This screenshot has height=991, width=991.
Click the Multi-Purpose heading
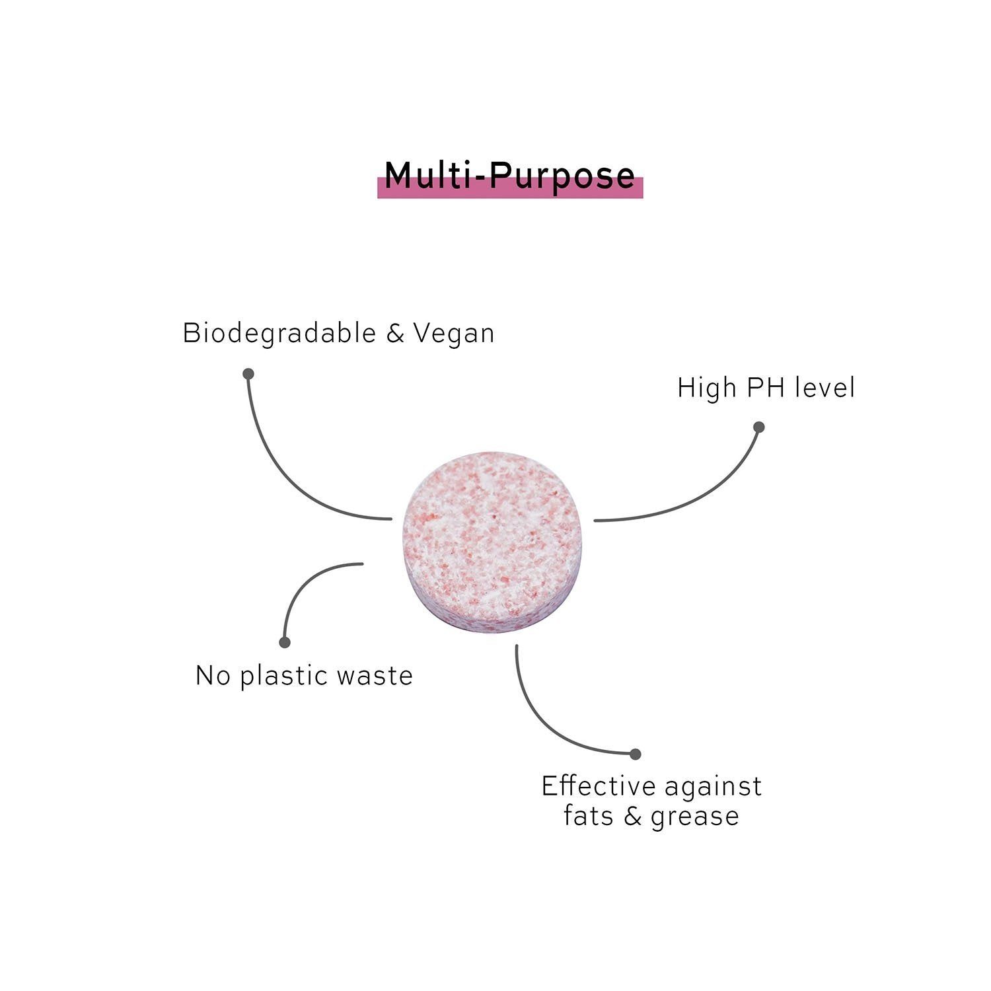pyautogui.click(x=509, y=176)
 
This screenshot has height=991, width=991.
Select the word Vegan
pyautogui.click(x=454, y=334)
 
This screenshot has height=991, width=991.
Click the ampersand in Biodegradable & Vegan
pyautogui.click(x=395, y=334)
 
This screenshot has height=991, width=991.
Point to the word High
pyautogui.click(x=706, y=388)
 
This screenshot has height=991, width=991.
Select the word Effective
pyautogui.click(x=598, y=786)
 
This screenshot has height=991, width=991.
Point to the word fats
pyautogui.click(x=589, y=816)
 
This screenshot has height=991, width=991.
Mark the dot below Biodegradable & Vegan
pyautogui.click(x=248, y=374)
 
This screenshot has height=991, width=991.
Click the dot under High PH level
pyautogui.click(x=759, y=427)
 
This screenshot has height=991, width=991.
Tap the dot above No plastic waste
pyautogui.click(x=285, y=642)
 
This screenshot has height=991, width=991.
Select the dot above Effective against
pyautogui.click(x=636, y=754)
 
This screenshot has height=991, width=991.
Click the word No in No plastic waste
pyautogui.click(x=213, y=676)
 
